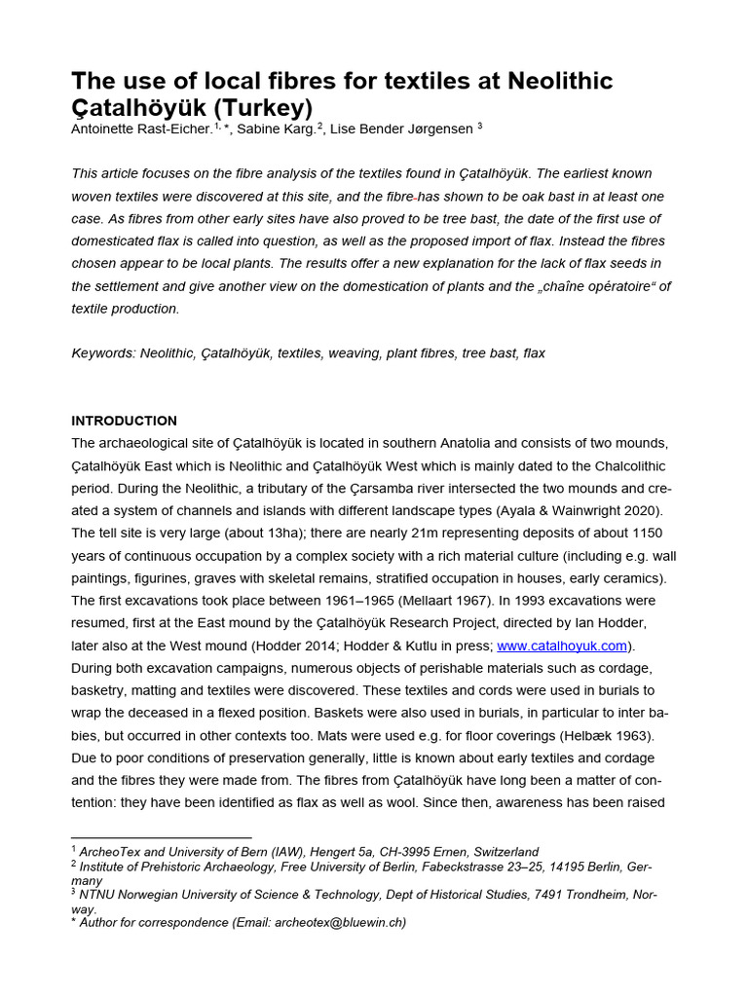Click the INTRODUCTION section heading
click(124, 421)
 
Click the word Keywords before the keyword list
click(103, 353)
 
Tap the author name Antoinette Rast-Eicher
click(140, 128)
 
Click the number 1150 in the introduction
click(646, 534)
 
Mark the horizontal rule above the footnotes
click(162, 837)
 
